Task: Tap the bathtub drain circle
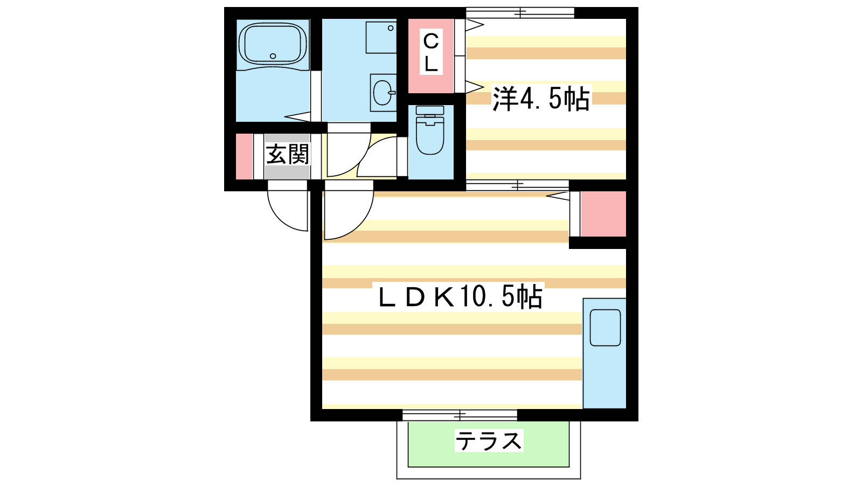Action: [273, 56]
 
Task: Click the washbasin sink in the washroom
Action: [384, 92]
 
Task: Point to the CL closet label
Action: [431, 52]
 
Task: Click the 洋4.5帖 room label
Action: [541, 99]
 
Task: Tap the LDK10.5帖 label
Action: [460, 296]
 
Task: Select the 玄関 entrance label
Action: [288, 154]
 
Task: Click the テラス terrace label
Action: [489, 441]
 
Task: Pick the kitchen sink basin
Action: [605, 328]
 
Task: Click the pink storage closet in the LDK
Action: [603, 213]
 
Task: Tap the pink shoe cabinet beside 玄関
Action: [244, 156]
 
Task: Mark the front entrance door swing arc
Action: [288, 210]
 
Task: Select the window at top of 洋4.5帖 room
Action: [520, 13]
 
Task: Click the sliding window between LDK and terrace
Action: [460, 415]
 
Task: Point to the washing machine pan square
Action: [381, 37]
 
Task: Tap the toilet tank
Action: [430, 110]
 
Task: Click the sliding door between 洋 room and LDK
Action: [518, 185]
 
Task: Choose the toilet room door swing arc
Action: [377, 157]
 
